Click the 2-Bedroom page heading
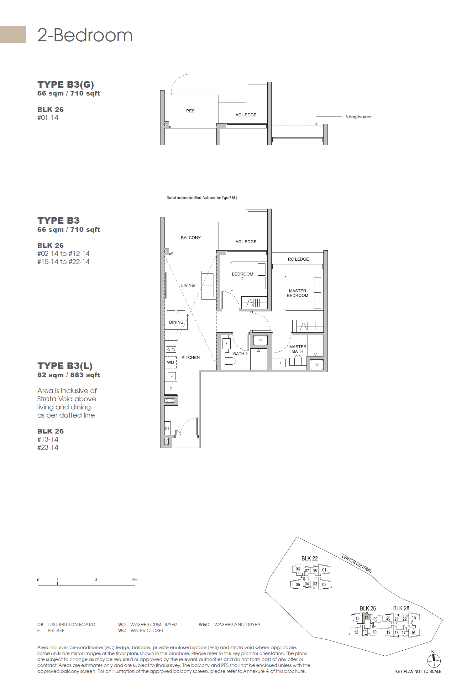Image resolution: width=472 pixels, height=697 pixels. (85, 35)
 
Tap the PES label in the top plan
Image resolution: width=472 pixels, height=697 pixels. (190, 111)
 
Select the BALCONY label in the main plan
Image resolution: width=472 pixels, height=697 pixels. (191, 238)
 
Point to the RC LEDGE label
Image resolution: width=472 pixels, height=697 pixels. (298, 259)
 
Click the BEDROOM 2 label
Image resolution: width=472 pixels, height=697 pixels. (242, 276)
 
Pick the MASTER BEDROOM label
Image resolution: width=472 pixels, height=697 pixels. (297, 293)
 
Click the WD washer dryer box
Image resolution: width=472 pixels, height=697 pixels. (170, 362)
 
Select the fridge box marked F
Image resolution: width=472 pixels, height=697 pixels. (170, 389)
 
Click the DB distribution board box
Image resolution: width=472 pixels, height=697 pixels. (167, 428)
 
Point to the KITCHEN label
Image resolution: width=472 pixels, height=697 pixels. (191, 357)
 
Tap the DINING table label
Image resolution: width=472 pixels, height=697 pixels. (176, 322)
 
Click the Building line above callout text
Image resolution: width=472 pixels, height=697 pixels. (358, 117)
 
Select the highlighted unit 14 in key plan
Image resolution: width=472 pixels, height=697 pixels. (366, 618)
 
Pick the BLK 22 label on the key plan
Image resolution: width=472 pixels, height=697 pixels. (309, 559)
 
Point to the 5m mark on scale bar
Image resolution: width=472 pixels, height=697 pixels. (135, 580)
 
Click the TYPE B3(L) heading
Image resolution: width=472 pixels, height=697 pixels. (65, 366)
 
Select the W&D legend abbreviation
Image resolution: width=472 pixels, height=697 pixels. (204, 625)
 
